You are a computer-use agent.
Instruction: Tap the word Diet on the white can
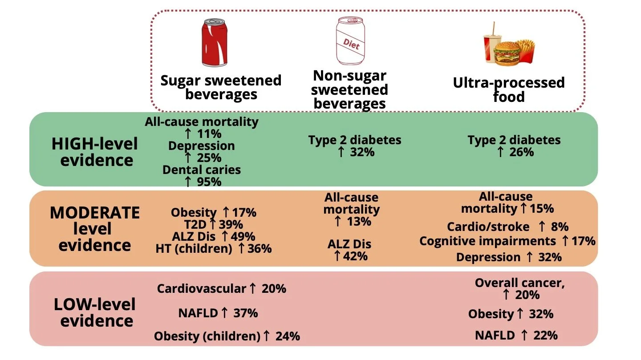coord(351,44)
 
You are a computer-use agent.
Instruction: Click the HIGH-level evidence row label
coord(95,152)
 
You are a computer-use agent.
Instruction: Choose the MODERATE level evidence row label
coord(95,229)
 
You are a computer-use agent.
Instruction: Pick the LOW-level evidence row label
coord(95,313)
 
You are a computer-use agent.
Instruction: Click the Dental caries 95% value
coord(202,182)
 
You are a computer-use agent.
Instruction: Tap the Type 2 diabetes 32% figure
coord(355,152)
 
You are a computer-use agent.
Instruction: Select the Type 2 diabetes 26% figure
coord(514,152)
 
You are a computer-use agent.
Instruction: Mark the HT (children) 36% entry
coord(214,249)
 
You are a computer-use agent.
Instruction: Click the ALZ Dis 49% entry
coord(214,236)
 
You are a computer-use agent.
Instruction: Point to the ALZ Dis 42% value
coord(349,256)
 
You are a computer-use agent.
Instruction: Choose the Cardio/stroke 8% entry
coord(507,227)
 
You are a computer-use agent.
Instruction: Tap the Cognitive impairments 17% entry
coord(507,241)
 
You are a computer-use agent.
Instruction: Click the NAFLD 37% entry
coord(218,313)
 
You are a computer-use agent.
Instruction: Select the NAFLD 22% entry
coord(516,335)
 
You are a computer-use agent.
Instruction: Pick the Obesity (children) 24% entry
coord(227,336)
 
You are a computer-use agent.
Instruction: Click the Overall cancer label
coord(519,283)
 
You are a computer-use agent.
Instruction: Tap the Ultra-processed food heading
coord(509,89)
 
